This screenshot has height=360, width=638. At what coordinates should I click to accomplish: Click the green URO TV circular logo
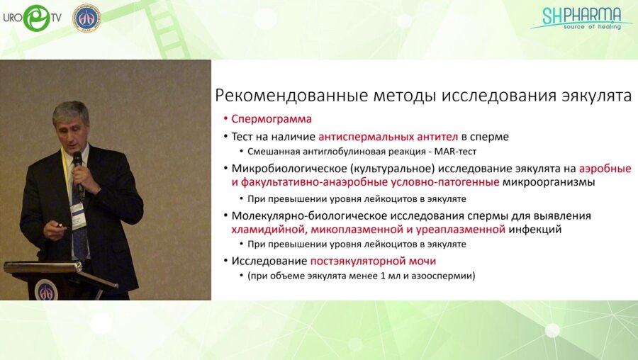point(36,18)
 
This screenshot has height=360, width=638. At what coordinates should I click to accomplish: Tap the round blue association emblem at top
point(86,18)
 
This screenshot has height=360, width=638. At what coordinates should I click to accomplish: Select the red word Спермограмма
point(272,119)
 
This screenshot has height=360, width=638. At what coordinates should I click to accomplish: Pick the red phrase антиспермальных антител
point(388,137)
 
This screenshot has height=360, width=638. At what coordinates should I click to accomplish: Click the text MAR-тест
point(455,152)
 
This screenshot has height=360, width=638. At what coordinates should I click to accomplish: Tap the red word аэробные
point(605,169)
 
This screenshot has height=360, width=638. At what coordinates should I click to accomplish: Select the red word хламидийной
point(269,230)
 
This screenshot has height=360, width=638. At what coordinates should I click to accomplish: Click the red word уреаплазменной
point(461,230)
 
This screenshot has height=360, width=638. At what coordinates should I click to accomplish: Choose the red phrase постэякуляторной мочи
point(373,261)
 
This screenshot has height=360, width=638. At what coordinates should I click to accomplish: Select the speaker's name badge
point(78,215)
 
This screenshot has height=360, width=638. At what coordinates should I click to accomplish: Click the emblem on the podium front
point(46,290)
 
